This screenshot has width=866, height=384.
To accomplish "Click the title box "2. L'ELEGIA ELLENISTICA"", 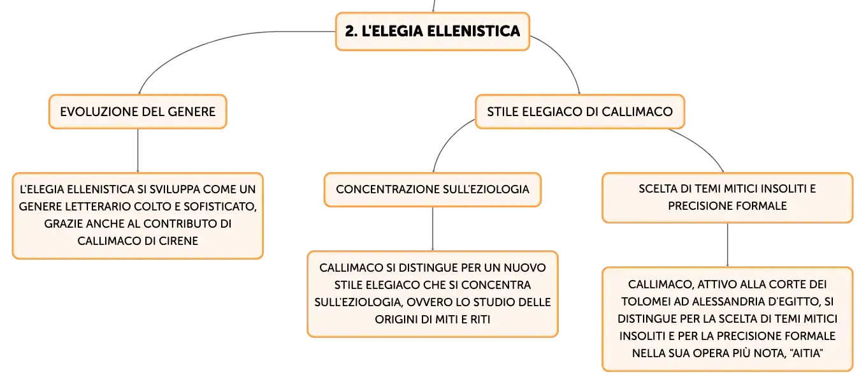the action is (x=432, y=31).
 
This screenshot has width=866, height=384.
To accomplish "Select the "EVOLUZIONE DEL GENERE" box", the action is (x=138, y=112).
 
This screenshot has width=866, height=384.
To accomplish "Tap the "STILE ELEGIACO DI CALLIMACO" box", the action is (x=579, y=112).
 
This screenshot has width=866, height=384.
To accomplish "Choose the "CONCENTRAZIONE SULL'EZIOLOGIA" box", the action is (x=432, y=189).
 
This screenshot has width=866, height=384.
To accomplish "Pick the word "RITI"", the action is (x=480, y=320).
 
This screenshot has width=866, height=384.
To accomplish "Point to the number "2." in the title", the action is (x=351, y=31).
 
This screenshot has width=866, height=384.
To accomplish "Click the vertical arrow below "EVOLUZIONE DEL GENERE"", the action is (x=138, y=151).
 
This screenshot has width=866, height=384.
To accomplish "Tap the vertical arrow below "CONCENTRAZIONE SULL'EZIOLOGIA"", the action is (x=433, y=229).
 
